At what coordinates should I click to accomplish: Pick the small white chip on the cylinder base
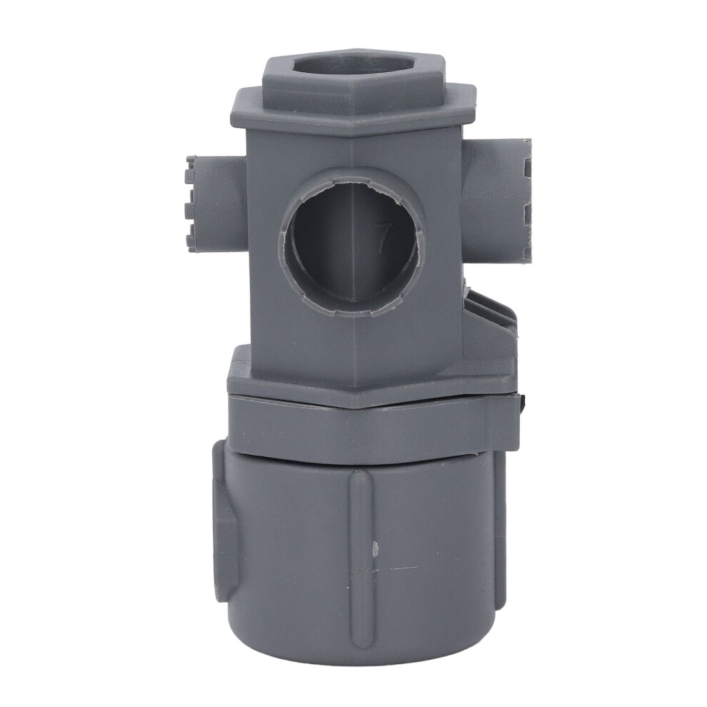point(374,548)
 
